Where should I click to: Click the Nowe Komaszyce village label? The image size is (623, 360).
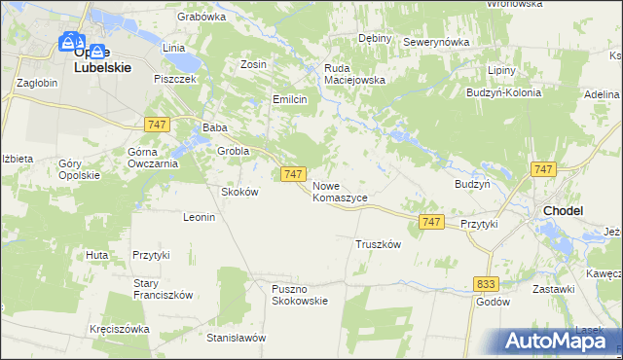coord(340,191)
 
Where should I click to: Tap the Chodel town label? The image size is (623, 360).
coord(563,209)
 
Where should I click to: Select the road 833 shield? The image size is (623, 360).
coord(488,282)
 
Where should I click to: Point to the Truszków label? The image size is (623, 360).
coord(379,244)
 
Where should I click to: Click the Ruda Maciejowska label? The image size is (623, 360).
coord(355,74)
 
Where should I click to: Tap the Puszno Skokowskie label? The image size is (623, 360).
coord(300,293)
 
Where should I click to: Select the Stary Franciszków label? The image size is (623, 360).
coord(164,289)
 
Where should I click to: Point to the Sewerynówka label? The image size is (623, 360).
coord(436,43)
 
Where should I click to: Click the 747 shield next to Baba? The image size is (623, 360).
coord(157,125)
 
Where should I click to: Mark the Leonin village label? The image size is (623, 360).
coord(199,217)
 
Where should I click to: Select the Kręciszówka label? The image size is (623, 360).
coord(119,329)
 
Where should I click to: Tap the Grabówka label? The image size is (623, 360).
coord(202,17)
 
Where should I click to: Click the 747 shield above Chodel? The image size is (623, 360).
coord(544,169)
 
